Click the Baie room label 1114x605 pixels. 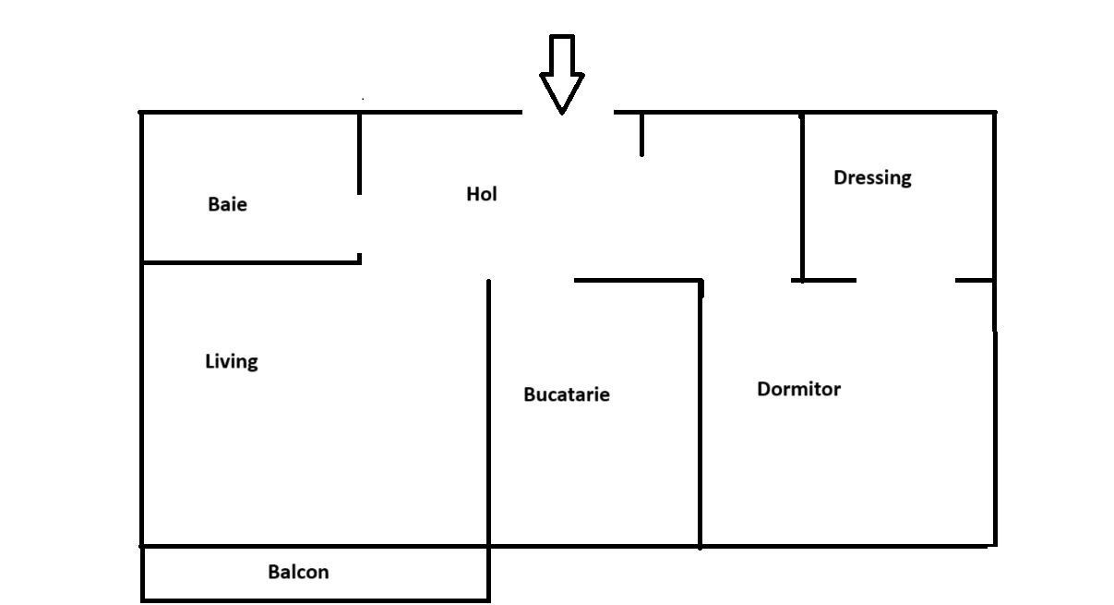[x=227, y=204]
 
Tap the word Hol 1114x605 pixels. [x=482, y=194]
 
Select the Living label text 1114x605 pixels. [x=231, y=361]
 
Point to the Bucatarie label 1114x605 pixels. [x=566, y=394]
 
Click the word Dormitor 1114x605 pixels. [x=798, y=389]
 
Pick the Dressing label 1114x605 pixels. [x=872, y=177]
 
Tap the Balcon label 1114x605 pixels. [x=298, y=572]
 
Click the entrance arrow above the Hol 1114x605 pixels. [x=561, y=74]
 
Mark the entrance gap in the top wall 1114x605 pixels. [x=568, y=113]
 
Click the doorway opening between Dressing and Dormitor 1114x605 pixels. [x=905, y=280]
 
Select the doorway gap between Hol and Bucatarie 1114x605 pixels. [x=532, y=280]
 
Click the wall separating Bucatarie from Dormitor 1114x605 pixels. [x=701, y=416]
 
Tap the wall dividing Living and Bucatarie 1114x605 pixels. [x=488, y=416]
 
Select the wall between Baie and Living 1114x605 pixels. [x=249, y=262]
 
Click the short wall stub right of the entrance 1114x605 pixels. [x=641, y=135]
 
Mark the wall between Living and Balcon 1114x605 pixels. [x=314, y=546]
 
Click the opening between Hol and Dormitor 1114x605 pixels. [x=748, y=280]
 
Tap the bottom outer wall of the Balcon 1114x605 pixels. [x=314, y=600]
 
